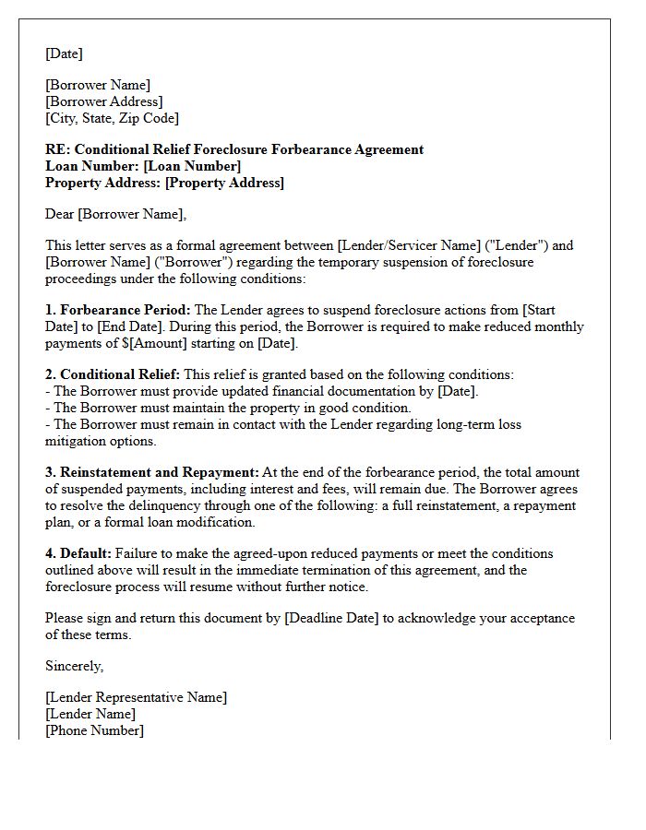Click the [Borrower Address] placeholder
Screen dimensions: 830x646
point(103,101)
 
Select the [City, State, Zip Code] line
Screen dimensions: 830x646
point(112,118)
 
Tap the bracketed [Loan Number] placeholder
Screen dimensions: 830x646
point(193,166)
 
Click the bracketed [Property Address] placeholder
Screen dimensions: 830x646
point(224,183)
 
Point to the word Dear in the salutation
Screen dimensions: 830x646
point(59,214)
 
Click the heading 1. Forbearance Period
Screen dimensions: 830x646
point(118,310)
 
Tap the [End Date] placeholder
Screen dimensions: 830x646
point(117,326)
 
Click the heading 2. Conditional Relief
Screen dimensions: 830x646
point(113,374)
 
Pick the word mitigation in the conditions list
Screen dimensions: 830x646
point(78,441)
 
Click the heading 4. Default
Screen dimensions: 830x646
point(78,553)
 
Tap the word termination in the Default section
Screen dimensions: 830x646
point(289,570)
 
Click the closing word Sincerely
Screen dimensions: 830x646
point(75,666)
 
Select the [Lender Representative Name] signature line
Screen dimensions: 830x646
point(136,697)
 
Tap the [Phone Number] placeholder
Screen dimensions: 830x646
point(94,730)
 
